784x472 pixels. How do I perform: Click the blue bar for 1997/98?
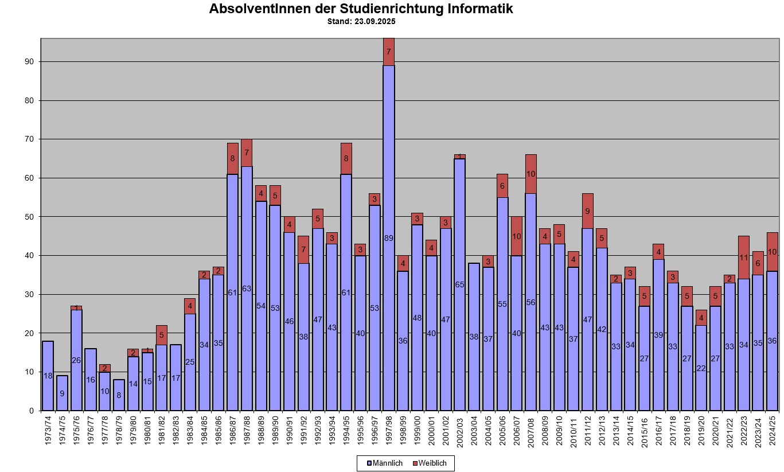click(x=389, y=238)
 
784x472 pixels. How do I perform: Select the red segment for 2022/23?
click(x=744, y=258)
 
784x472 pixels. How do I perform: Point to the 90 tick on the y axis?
click(x=29, y=61)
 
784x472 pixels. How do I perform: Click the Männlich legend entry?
click(x=385, y=463)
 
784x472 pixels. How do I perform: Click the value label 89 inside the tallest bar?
click(x=389, y=238)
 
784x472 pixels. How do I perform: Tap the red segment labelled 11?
click(x=744, y=258)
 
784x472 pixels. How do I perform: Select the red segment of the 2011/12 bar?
click(x=588, y=211)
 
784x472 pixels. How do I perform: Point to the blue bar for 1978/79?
click(x=119, y=395)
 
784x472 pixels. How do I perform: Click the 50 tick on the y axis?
click(x=29, y=217)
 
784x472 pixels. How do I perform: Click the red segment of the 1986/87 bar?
click(x=233, y=158)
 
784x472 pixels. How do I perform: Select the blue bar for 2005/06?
click(x=502, y=304)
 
